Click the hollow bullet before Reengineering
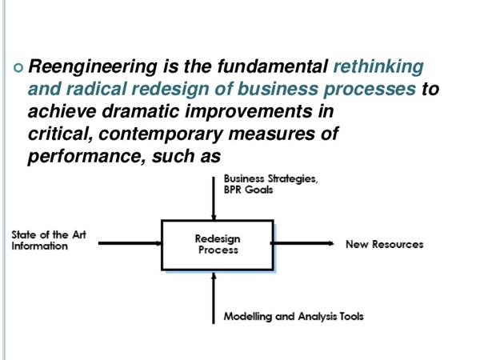(x=18, y=68)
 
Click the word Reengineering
(x=93, y=67)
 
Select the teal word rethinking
(x=378, y=67)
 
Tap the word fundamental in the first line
(x=273, y=66)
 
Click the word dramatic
(x=140, y=111)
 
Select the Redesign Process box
(x=218, y=245)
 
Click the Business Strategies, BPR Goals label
(x=270, y=184)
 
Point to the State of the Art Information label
(x=49, y=240)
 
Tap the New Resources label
(x=385, y=244)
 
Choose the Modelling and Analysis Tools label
(x=294, y=316)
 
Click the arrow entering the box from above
(x=214, y=198)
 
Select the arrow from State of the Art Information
(x=130, y=243)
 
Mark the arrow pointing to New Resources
(x=302, y=243)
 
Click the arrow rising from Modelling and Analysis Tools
(x=214, y=298)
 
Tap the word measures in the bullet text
(x=271, y=134)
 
